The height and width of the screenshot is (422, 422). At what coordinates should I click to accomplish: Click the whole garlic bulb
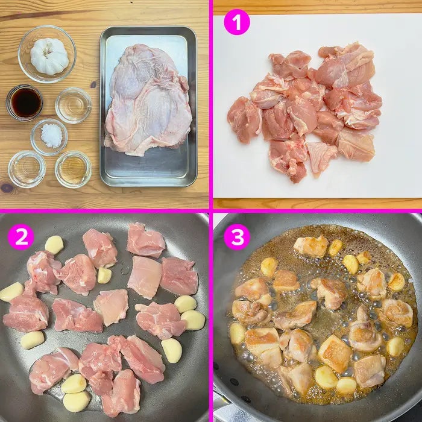click(x=49, y=55)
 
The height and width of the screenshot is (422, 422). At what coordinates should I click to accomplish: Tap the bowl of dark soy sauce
click(x=25, y=102)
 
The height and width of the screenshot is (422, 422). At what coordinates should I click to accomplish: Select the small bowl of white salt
click(x=49, y=137)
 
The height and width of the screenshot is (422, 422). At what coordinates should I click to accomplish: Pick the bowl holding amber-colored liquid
click(x=74, y=169)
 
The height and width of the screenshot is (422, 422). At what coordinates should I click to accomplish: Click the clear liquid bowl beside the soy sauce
click(x=73, y=105)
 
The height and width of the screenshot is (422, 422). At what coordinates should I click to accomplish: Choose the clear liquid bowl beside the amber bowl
click(x=27, y=169)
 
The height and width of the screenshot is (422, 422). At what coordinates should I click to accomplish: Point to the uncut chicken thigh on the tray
click(x=148, y=100)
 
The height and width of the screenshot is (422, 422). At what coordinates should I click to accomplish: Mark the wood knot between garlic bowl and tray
click(x=93, y=84)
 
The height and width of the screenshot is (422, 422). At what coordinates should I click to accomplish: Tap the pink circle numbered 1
click(x=237, y=22)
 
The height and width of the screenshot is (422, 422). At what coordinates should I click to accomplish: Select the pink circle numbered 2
click(x=21, y=237)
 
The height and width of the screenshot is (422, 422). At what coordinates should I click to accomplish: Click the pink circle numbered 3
click(x=237, y=237)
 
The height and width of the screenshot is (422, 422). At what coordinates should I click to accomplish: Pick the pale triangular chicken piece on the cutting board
click(x=321, y=157)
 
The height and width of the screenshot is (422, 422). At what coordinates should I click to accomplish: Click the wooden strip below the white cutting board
click(x=318, y=203)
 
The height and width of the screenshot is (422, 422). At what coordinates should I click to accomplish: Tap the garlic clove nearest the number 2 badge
click(x=54, y=245)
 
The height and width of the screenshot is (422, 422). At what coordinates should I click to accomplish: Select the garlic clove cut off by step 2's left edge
click(x=11, y=292)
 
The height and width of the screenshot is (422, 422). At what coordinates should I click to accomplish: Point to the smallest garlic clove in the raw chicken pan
click(x=104, y=275)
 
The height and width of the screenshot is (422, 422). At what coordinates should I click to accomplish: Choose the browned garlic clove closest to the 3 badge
click(x=269, y=266)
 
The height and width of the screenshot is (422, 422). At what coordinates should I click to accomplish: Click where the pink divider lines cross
click(x=211, y=211)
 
